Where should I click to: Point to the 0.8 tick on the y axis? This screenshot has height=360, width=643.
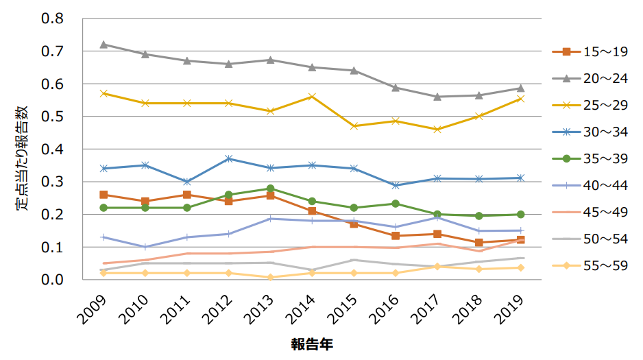coord(52,19)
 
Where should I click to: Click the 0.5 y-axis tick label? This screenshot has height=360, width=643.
coord(52,117)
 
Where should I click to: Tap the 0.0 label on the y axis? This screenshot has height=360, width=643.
coord(52,280)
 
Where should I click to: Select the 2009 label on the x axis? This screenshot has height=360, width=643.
coord(93,309)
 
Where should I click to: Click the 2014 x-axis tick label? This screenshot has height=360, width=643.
coord(302,309)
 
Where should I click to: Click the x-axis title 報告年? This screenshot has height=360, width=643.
coord(312,345)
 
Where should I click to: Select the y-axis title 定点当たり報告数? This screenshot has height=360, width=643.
coord(22,149)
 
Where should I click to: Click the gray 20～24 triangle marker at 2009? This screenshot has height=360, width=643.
coord(104,45)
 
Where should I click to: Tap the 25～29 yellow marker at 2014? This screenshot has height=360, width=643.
coord(312,97)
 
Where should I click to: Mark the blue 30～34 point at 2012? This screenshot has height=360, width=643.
coord(229,158)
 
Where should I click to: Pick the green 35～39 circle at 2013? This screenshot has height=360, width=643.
coord(270,189)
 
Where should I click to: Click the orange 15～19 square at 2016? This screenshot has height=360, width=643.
coord(396,236)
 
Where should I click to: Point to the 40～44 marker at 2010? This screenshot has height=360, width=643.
coord(145,247)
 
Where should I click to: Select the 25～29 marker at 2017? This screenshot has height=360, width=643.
coord(437,130)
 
